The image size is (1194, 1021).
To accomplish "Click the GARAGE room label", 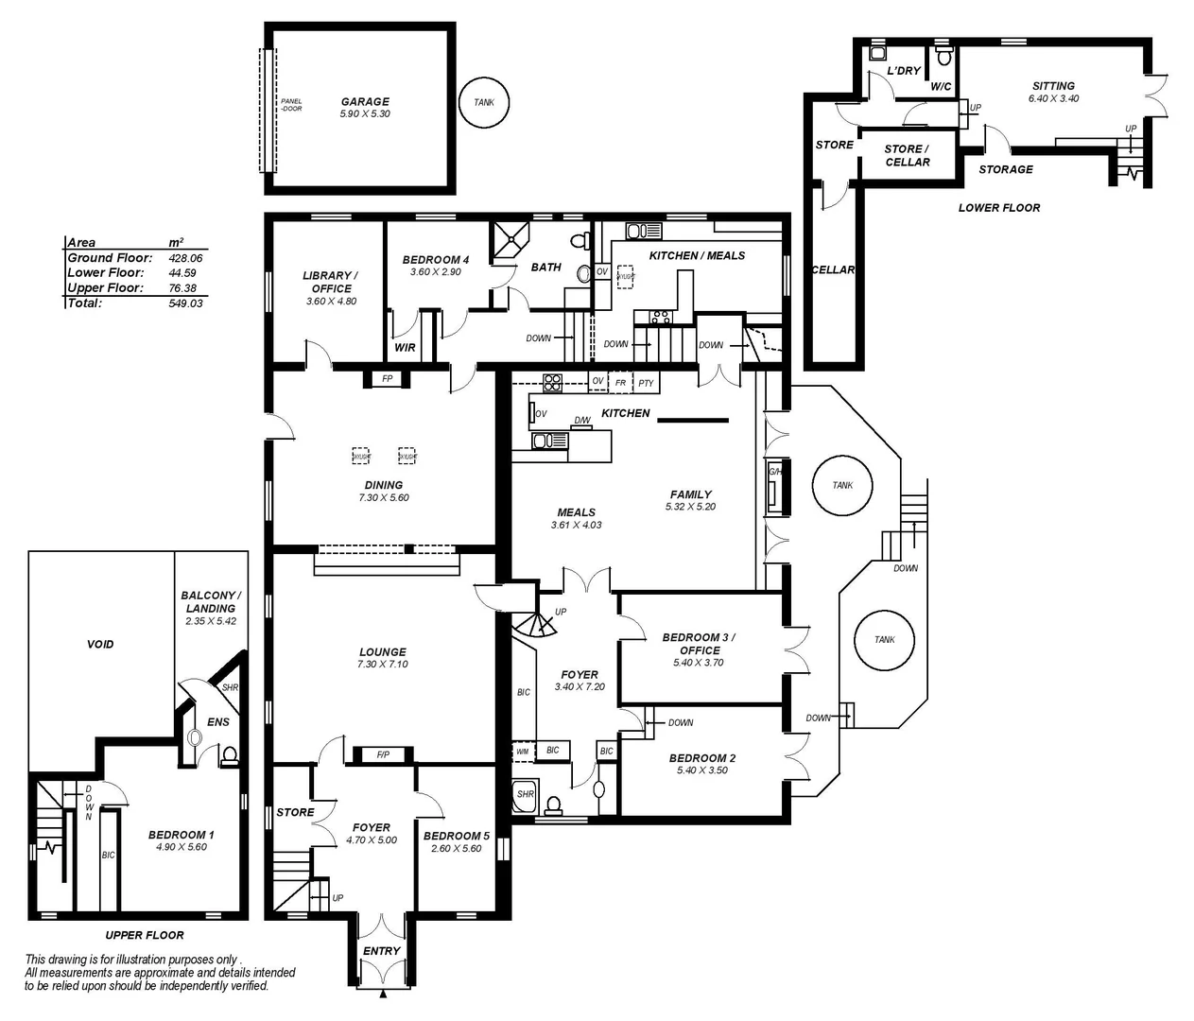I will [x=365, y=101].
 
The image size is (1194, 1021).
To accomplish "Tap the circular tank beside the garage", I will [x=483, y=102].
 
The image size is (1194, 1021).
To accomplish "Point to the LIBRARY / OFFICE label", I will [x=332, y=282].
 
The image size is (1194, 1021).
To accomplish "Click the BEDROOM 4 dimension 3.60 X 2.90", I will [x=435, y=272].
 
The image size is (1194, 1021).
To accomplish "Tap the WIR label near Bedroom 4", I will [x=405, y=348].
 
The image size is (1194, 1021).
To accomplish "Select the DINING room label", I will [x=384, y=485].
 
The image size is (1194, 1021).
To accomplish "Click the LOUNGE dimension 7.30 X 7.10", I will [x=383, y=665].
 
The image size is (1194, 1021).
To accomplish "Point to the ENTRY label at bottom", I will [x=382, y=951].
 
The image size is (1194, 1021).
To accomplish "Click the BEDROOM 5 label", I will [x=457, y=836].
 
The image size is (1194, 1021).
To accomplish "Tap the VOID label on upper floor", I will [x=100, y=644].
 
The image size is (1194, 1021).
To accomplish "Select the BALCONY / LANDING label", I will [x=211, y=602].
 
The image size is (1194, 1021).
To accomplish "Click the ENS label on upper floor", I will [x=218, y=722].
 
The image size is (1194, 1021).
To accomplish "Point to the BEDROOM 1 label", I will [x=181, y=835].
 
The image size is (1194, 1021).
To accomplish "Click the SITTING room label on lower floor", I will [x=1053, y=86].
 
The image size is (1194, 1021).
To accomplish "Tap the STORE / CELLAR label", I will [x=908, y=155].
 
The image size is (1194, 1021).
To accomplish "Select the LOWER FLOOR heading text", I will [x=998, y=208].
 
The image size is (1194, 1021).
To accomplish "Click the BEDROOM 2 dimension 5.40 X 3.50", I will [x=702, y=770].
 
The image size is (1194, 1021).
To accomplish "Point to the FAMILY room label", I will [x=691, y=494].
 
